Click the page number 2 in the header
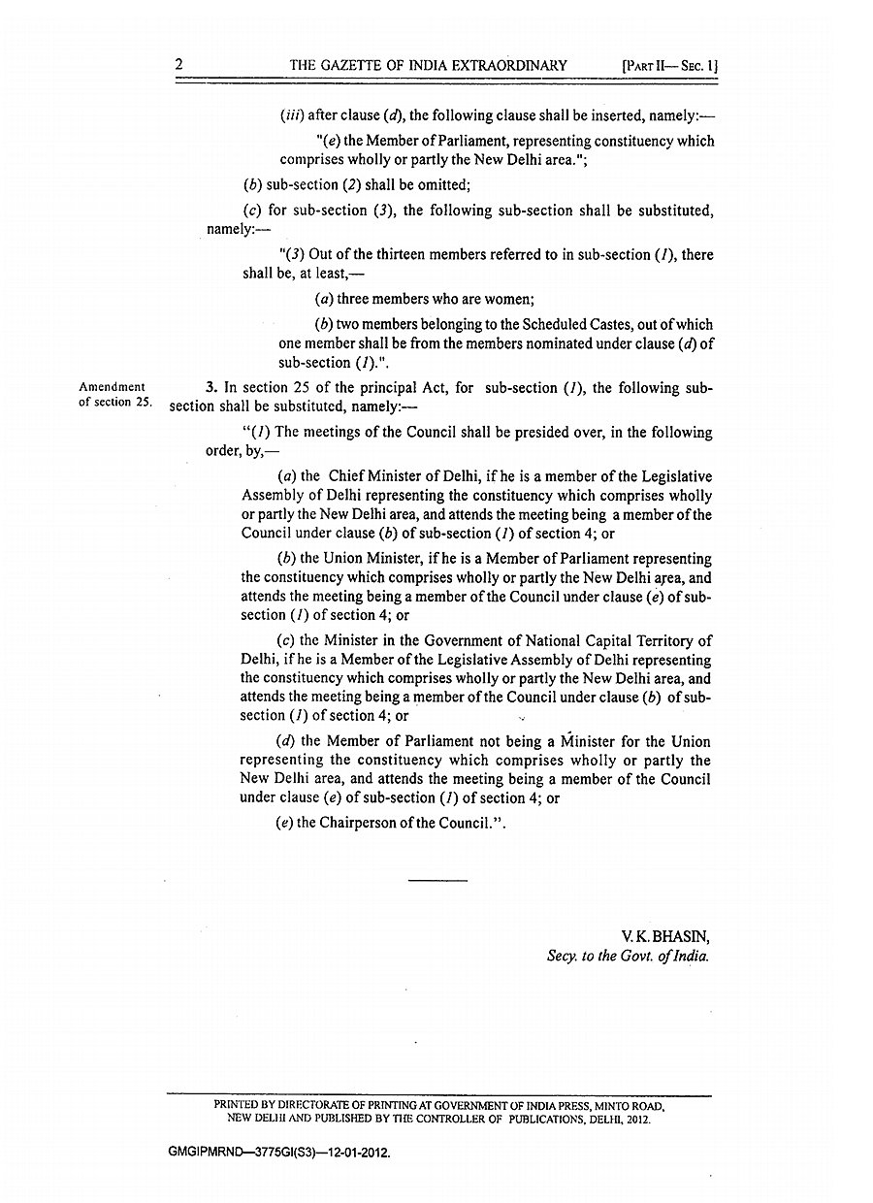(x=179, y=65)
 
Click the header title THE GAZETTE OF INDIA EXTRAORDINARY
(x=428, y=66)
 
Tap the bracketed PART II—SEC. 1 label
(x=668, y=66)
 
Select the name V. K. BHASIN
(x=666, y=936)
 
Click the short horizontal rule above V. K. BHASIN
(x=437, y=880)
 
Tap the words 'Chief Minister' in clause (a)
(x=372, y=476)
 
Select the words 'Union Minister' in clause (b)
(x=368, y=559)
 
